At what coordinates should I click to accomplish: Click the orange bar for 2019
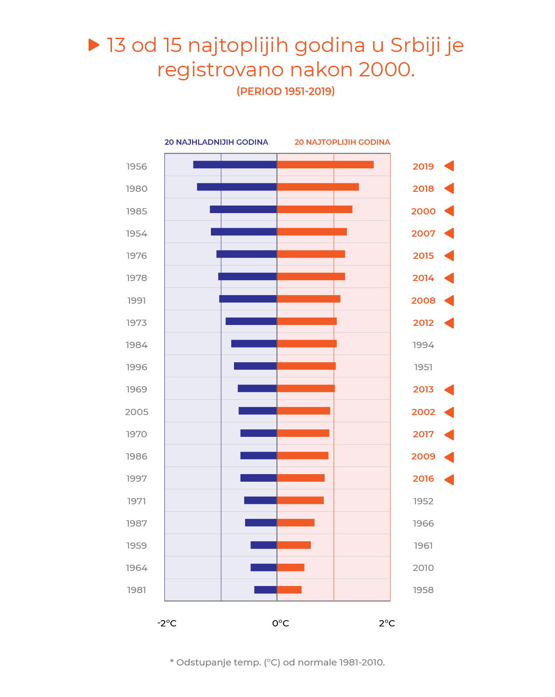click(325, 165)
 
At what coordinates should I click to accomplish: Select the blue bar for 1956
click(235, 165)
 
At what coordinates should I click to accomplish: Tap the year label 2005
click(137, 412)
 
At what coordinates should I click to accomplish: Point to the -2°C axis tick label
click(167, 623)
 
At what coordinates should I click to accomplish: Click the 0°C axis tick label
click(281, 623)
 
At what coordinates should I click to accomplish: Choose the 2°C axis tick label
click(387, 623)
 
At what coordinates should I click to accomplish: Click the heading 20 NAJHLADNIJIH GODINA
click(216, 142)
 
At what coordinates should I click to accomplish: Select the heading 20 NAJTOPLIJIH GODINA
click(342, 142)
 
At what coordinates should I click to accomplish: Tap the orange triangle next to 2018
click(449, 188)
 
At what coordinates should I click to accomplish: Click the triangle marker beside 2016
click(449, 479)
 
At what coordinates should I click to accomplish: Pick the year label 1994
click(423, 345)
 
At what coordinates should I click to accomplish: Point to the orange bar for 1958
click(289, 590)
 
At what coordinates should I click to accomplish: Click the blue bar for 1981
click(266, 590)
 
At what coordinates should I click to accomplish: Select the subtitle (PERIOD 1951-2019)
click(285, 91)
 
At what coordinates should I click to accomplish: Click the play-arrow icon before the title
click(93, 45)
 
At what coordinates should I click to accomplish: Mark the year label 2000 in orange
click(423, 211)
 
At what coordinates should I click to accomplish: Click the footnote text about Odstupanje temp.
click(277, 662)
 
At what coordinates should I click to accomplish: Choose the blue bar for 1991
click(248, 299)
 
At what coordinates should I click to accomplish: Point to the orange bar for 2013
click(306, 388)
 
